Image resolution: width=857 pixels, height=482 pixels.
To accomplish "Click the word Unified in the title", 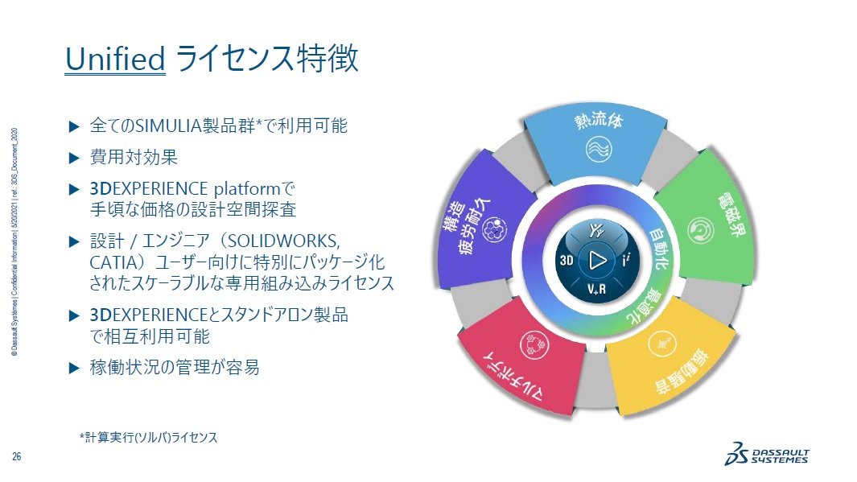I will pos(115,60).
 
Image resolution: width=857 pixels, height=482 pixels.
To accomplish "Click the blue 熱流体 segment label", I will pos(598,122).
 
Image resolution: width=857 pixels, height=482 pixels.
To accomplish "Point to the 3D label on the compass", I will pos(567,260).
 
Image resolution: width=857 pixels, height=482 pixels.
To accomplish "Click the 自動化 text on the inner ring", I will pos(661,249).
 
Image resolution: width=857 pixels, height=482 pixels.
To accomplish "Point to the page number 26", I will pos(16,456).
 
